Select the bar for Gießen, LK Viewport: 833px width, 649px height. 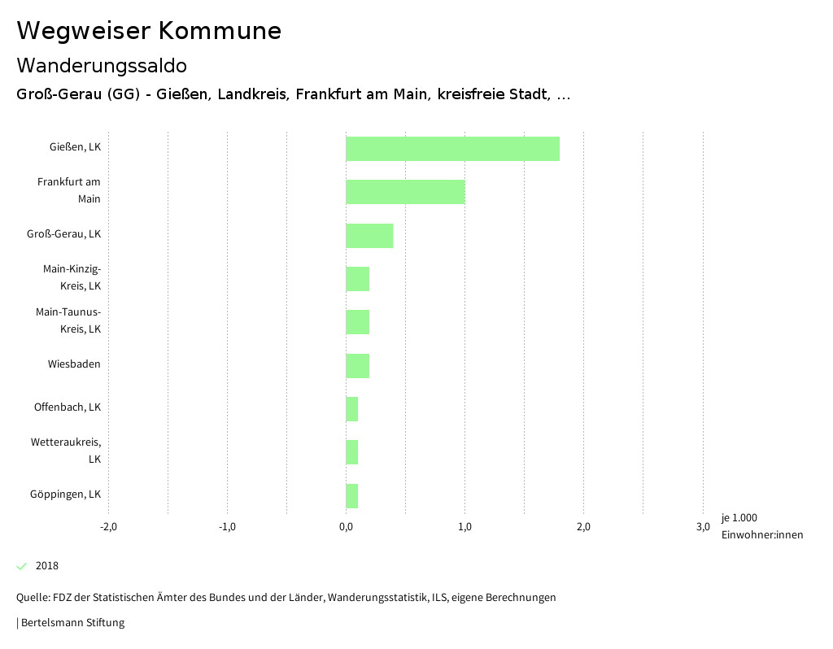(452, 149)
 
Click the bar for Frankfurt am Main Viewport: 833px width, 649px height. (405, 192)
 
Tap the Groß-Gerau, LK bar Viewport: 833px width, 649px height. (369, 236)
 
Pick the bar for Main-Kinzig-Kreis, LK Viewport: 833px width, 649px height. (358, 279)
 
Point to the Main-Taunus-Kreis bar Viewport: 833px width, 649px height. (358, 322)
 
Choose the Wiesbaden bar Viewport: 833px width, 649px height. (358, 366)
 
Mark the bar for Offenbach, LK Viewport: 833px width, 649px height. (352, 409)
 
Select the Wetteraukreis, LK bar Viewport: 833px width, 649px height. (352, 452)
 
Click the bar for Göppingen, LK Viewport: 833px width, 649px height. (352, 496)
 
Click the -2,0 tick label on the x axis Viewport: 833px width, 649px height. (108, 527)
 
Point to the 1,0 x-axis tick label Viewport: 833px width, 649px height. (464, 527)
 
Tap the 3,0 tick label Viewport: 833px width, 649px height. (702, 527)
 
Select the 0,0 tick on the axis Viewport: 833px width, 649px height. (346, 527)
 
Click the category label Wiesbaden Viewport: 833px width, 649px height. (74, 364)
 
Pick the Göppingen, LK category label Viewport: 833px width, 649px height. (65, 494)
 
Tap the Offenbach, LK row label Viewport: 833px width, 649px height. (67, 407)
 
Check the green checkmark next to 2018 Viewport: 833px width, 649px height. (22, 566)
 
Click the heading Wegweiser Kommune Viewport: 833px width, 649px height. (149, 31)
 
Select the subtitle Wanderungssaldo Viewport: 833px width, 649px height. (102, 65)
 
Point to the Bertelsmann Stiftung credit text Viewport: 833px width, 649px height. (72, 623)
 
